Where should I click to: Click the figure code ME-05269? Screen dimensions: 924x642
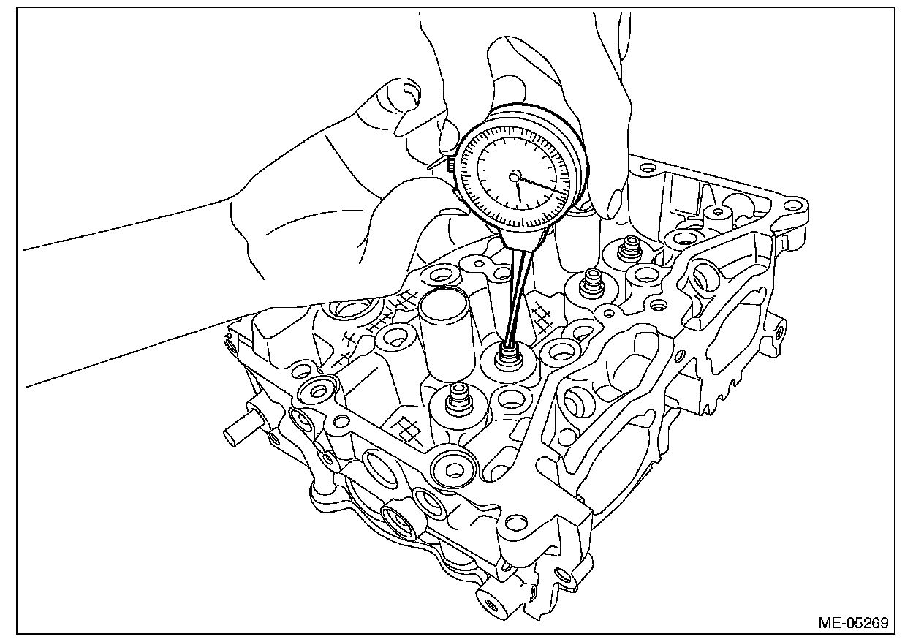(853, 624)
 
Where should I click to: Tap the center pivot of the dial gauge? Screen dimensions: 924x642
(515, 175)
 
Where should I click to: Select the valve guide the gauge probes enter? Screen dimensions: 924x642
(507, 358)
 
